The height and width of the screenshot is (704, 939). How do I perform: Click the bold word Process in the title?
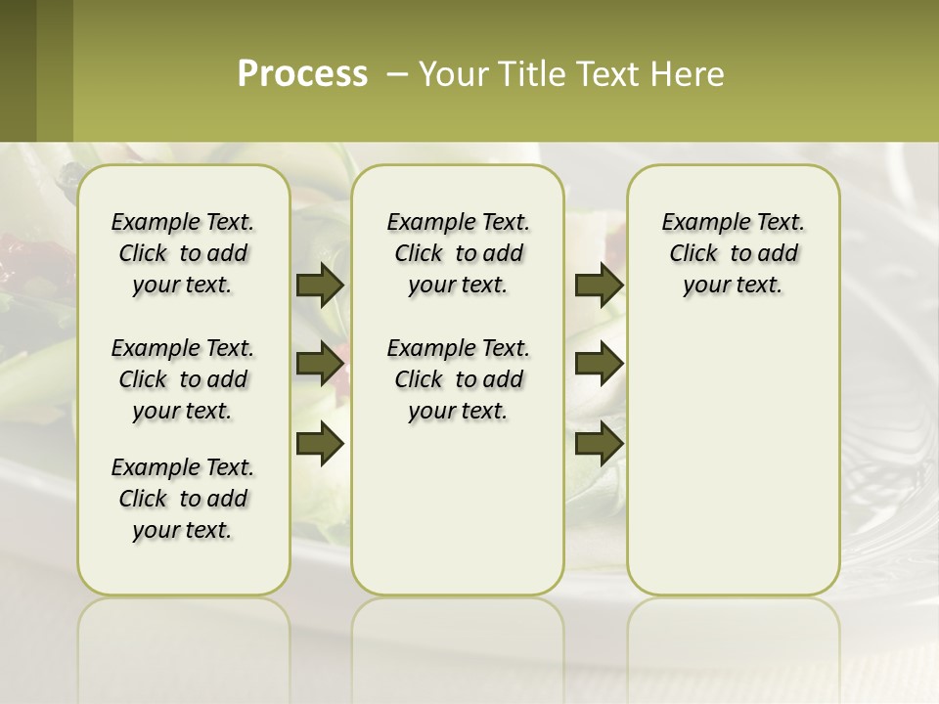click(302, 73)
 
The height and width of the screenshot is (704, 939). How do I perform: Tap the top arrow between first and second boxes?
click(320, 286)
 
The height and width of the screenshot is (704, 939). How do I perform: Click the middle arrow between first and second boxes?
click(320, 365)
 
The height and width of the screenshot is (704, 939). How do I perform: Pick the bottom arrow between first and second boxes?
click(320, 444)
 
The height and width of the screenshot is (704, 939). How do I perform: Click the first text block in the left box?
click(183, 253)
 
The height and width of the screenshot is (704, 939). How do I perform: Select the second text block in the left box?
click(183, 379)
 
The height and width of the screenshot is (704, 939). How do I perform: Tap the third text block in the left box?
click(183, 499)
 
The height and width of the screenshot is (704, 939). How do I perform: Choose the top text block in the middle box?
click(458, 253)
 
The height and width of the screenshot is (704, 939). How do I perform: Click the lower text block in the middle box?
click(458, 379)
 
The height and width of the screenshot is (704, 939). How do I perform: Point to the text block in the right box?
click(733, 253)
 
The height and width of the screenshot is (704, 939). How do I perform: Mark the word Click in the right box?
click(693, 254)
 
